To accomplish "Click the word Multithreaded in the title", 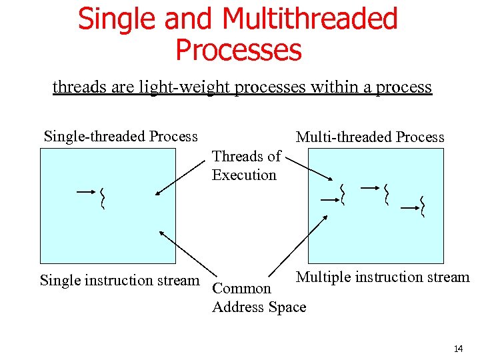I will coord(310,19).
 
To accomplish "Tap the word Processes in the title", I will coord(238,50).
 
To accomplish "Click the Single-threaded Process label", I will coord(121,137).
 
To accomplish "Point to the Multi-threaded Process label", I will coord(370,137).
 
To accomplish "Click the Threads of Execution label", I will coord(245,166).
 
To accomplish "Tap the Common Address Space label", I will coord(259,298).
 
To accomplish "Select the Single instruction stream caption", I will coord(120,281).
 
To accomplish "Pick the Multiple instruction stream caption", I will coord(383,277).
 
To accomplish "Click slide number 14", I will coord(457,349).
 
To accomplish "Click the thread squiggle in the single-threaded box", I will coord(103,199).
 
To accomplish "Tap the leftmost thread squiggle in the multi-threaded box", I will coord(342,194).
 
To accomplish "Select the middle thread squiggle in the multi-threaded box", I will coord(386,194).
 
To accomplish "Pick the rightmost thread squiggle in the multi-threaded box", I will coord(423,207).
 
